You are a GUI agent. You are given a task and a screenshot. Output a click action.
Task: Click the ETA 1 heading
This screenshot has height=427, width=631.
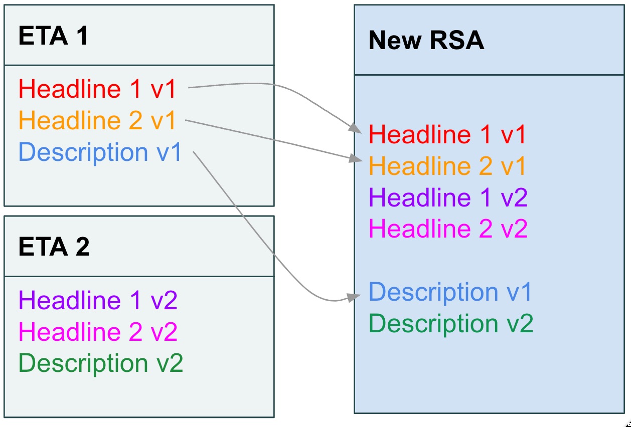coord(53,36)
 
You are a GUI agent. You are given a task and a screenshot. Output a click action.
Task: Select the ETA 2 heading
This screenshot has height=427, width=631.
coord(54,247)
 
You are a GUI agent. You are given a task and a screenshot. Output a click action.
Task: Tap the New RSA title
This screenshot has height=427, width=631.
coord(426,41)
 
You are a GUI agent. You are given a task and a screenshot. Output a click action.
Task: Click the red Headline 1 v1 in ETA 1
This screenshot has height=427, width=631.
coord(98,89)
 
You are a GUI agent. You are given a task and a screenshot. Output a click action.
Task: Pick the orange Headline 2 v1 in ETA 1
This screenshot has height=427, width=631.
coord(98,121)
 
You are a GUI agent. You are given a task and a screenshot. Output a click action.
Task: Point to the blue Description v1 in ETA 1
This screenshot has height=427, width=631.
coord(100,152)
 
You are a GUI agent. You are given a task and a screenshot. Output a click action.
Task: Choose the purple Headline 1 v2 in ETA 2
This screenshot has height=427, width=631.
coord(98,301)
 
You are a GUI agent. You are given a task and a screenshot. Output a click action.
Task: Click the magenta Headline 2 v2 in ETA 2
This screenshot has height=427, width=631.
coord(98,332)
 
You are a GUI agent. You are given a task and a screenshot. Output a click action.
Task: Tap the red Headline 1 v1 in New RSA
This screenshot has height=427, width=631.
coord(447,135)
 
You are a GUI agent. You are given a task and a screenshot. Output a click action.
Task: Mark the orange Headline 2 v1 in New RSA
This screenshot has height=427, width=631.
coord(447,166)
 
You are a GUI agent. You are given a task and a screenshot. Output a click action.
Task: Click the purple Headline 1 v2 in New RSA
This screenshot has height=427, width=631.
coord(448,197)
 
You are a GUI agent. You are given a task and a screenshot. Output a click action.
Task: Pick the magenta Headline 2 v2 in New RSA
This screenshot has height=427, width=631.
coord(448,229)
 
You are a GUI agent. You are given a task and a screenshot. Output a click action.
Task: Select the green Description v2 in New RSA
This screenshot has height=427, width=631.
coord(451,324)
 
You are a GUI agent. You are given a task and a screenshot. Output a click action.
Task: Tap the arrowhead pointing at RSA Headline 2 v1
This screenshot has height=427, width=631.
coord(356,159)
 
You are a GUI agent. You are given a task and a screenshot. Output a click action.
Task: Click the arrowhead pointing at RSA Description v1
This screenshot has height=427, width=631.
coord(355,296)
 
